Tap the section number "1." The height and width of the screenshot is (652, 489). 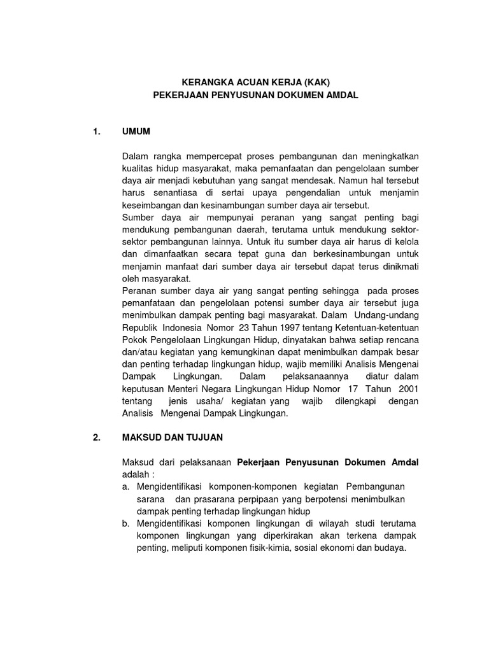click(x=97, y=132)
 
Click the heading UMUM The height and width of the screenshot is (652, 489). click(x=136, y=132)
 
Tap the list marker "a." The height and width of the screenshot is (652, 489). click(x=125, y=487)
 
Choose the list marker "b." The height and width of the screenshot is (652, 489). click(x=125, y=523)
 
